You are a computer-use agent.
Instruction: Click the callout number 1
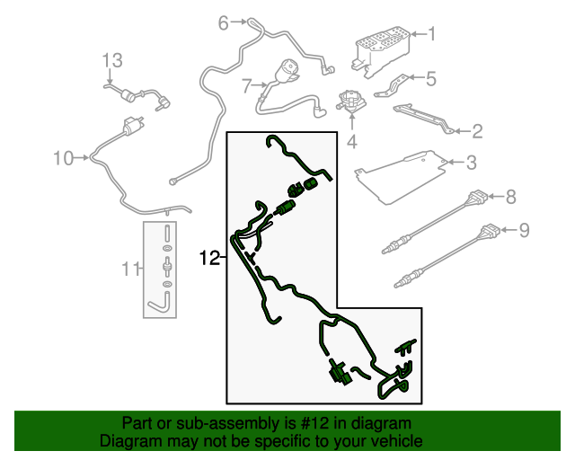[x=431, y=34]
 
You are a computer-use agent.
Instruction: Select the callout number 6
[x=224, y=22]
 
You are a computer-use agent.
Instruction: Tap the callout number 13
[x=111, y=60]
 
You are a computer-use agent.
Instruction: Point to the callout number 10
[x=64, y=158]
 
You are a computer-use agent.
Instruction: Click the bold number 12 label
[x=209, y=258]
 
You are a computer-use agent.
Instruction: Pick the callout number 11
[x=130, y=269]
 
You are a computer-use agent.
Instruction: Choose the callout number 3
[x=471, y=162]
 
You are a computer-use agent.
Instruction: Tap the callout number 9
[x=524, y=230]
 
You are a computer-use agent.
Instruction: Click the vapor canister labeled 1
[x=380, y=51]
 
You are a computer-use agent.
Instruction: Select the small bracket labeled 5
[x=391, y=86]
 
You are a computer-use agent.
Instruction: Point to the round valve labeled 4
[x=351, y=101]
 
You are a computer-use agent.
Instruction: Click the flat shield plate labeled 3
[x=401, y=177]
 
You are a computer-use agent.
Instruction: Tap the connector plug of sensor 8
[x=476, y=198]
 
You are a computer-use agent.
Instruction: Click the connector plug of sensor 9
[x=489, y=232]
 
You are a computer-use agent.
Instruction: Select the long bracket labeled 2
[x=423, y=119]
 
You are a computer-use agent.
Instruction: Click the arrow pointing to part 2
[x=462, y=131]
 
